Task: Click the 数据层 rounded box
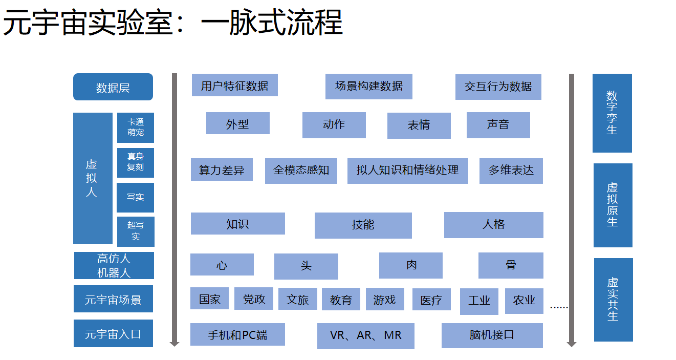click(113, 87)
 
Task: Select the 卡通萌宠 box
click(136, 128)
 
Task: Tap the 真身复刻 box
click(136, 162)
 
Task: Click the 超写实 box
click(136, 231)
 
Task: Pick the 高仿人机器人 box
click(114, 265)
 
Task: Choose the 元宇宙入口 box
click(113, 333)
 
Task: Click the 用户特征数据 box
click(234, 85)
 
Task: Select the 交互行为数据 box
click(498, 87)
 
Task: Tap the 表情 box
click(419, 125)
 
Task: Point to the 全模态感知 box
click(301, 171)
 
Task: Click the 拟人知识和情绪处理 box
click(407, 171)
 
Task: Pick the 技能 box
click(363, 225)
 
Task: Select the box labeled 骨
click(511, 265)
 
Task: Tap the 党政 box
click(254, 299)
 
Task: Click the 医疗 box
click(431, 300)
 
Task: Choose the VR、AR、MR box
click(365, 336)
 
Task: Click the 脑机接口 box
click(492, 335)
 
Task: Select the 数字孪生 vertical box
click(612, 113)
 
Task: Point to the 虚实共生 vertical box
click(613, 299)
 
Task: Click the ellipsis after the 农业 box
click(559, 307)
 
